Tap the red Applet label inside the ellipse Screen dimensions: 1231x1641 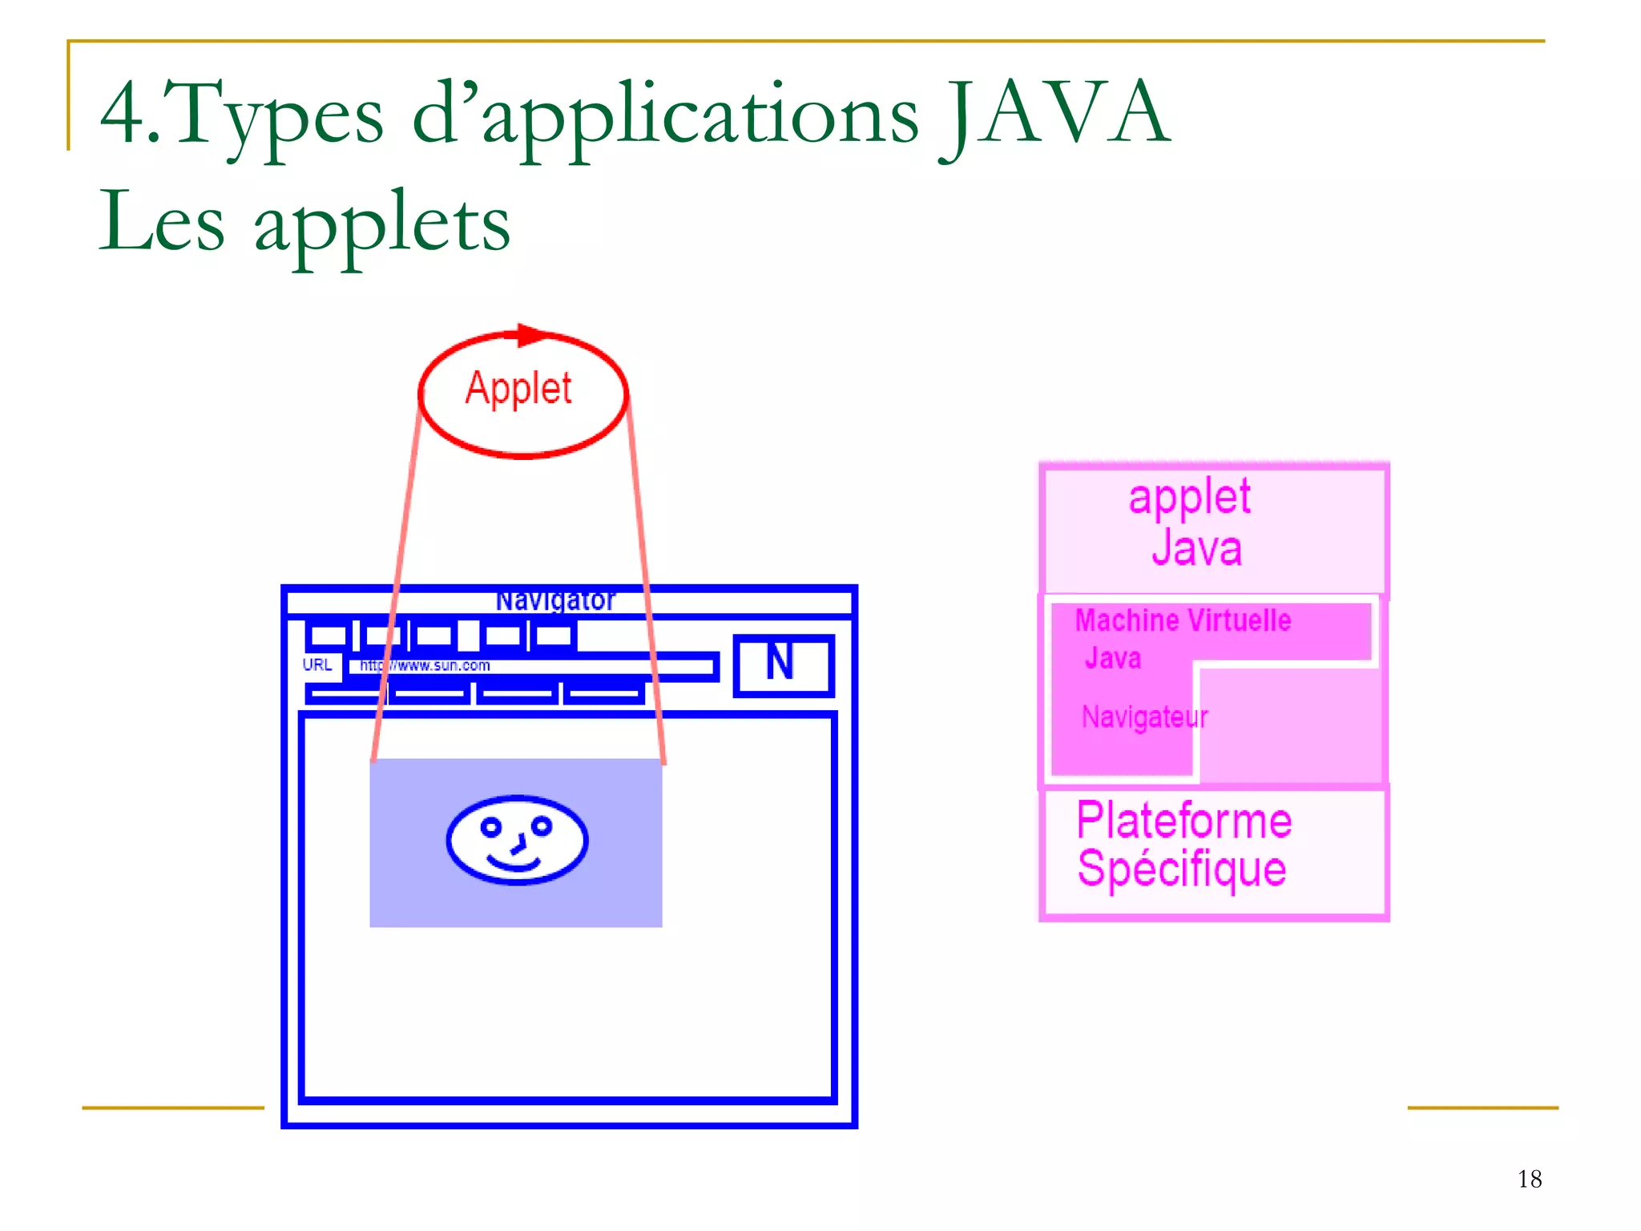(x=518, y=389)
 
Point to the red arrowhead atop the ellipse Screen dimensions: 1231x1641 (x=531, y=335)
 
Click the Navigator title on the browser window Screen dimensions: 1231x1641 (x=554, y=600)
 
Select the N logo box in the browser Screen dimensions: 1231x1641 (x=783, y=664)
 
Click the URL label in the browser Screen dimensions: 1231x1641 (x=317, y=664)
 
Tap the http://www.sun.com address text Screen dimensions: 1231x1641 (x=425, y=665)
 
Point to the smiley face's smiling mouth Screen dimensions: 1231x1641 (x=514, y=864)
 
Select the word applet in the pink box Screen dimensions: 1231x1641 (x=1189, y=498)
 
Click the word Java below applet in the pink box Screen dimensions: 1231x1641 (x=1196, y=549)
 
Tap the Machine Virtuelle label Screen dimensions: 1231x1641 (x=1183, y=620)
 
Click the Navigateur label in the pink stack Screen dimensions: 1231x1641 (x=1144, y=716)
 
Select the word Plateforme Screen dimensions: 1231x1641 (x=1183, y=821)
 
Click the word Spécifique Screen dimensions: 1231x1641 (x=1182, y=870)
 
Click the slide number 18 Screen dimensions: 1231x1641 (x=1529, y=1179)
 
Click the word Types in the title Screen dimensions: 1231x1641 (x=276, y=114)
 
